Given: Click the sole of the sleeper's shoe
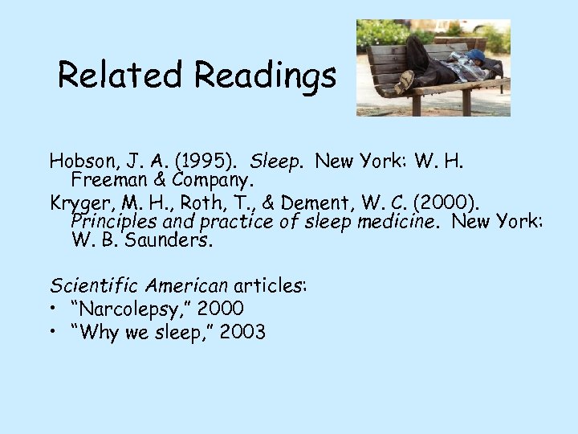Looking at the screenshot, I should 406,81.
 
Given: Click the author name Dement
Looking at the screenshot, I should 336,203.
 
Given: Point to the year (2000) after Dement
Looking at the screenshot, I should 450,203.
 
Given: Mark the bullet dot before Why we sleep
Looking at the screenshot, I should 54,331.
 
